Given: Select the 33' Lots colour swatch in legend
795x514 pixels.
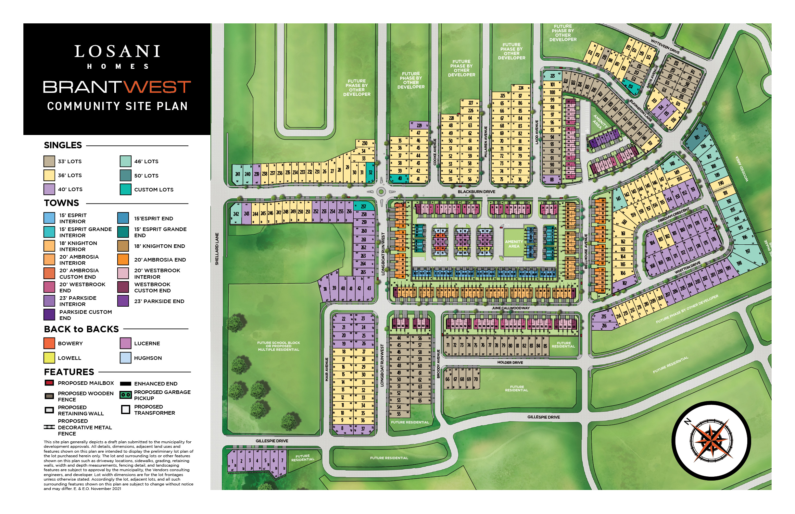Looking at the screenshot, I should pos(49,161).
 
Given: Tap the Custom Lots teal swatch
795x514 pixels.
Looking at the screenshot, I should pos(126,189).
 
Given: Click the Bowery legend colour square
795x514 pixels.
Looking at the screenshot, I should pos(49,343).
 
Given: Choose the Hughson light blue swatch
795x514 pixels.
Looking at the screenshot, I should pos(126,358).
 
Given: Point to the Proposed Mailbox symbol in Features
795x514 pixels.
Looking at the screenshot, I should pos(49,383).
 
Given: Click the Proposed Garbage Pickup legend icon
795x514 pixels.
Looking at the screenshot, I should pos(126,395).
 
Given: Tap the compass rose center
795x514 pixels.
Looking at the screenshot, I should pos(711,441).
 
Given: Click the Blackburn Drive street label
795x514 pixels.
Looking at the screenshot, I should pos(476,191).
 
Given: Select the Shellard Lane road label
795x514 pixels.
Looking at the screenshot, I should pos(217,249).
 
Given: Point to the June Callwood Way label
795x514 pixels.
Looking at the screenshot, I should pos(511,308).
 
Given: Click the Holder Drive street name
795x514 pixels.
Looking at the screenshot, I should pos(510,362).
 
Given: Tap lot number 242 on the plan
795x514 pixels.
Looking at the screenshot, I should pos(236,214).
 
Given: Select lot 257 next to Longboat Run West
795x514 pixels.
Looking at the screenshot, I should pos(363,207).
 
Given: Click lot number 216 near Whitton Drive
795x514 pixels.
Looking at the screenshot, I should pos(604,326).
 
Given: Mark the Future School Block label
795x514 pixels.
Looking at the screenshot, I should pos(278,346).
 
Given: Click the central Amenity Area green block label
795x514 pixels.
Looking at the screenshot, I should pos(514,244).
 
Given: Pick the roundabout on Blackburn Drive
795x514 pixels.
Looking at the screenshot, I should pos(381,192).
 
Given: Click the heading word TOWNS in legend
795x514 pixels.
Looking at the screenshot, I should pos(61,203).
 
